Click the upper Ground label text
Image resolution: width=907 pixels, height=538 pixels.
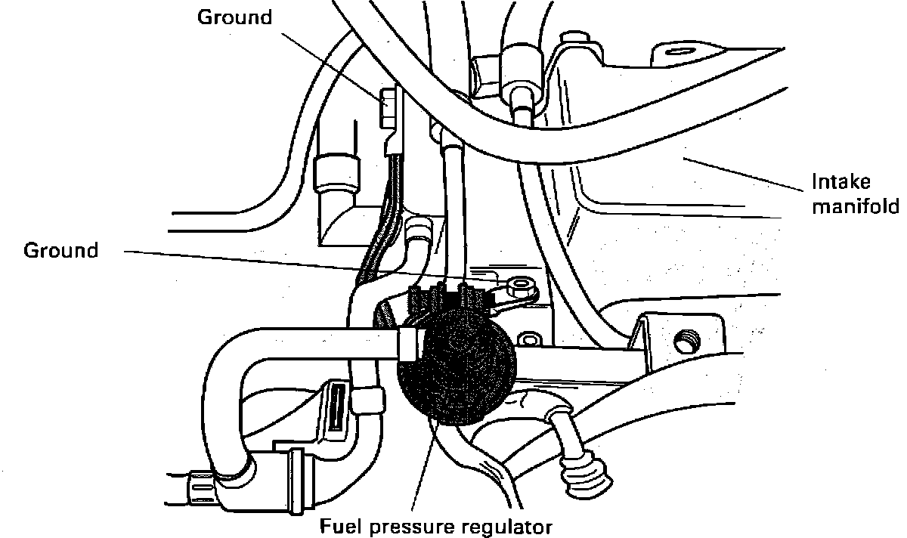coord(234,17)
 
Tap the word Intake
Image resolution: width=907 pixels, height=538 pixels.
coord(840,182)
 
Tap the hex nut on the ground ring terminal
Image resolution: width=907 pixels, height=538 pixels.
coord(522,286)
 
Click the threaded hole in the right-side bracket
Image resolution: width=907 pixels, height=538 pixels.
coord(686,342)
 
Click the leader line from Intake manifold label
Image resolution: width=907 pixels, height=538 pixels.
coord(741,172)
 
